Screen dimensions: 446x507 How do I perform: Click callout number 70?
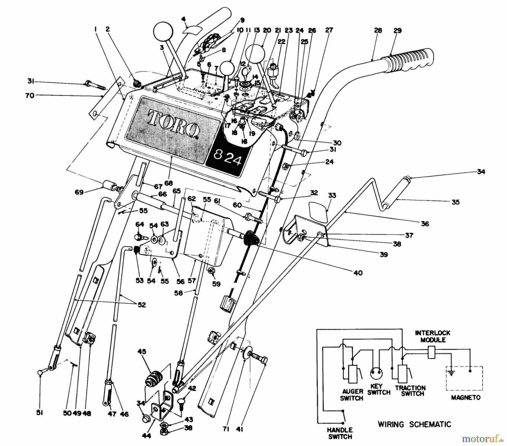pyautogui.click(x=30, y=96)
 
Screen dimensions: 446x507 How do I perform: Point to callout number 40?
pyautogui.click(x=358, y=273)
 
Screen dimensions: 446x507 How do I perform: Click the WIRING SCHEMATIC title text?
pyautogui.click(x=414, y=424)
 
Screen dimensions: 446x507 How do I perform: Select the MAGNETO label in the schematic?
pyautogui.click(x=466, y=398)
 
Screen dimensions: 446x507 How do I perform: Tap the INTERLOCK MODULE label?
pyautogui.click(x=433, y=336)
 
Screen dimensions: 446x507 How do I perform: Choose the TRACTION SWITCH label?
pyautogui.click(x=410, y=390)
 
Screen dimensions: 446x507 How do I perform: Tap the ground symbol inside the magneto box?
pyautogui.click(x=452, y=374)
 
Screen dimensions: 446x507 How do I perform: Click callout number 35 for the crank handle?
pyautogui.click(x=455, y=202)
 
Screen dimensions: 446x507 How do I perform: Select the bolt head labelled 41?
pyautogui.click(x=264, y=360)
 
